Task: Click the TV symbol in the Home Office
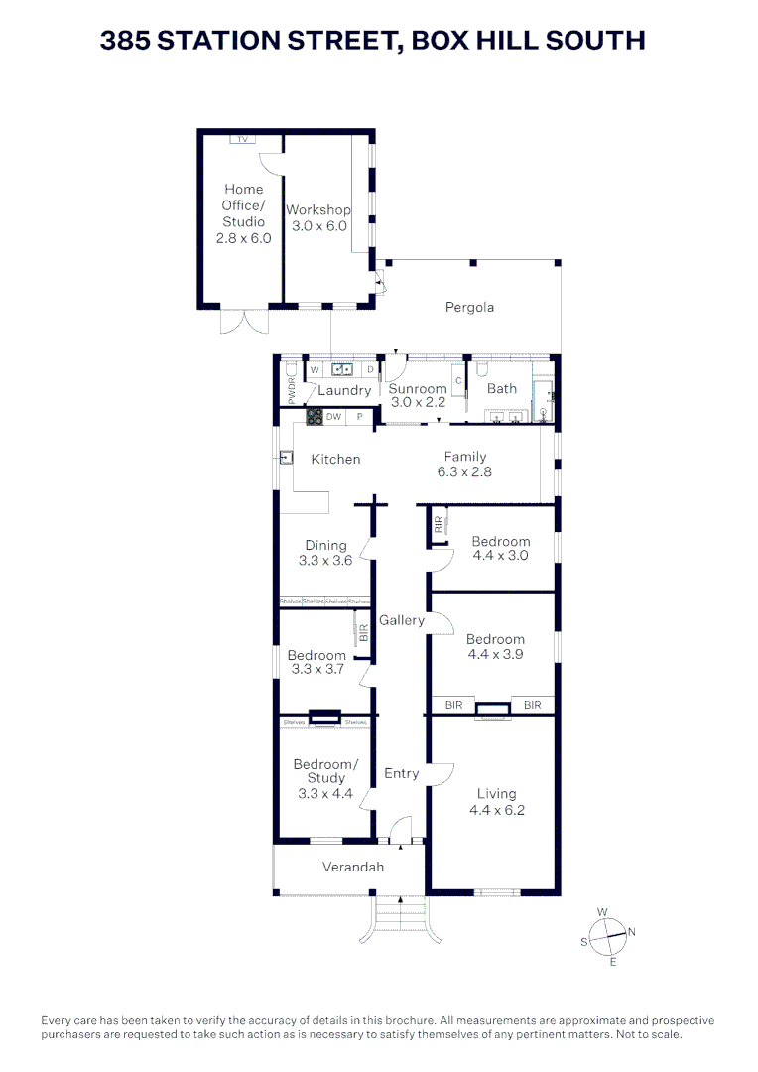point(241,139)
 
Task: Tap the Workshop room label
point(317,210)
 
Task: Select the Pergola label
point(468,307)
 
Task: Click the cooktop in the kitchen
point(315,417)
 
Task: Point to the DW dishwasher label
point(334,417)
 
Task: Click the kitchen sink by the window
point(286,458)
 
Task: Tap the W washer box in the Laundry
point(315,370)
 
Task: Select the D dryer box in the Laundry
point(369,370)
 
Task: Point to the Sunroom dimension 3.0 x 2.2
point(417,403)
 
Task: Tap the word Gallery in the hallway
point(401,620)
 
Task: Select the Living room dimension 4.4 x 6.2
point(496,809)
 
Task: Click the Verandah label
point(352,867)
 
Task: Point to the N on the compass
point(631,931)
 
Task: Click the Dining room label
point(325,545)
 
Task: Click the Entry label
point(401,773)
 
